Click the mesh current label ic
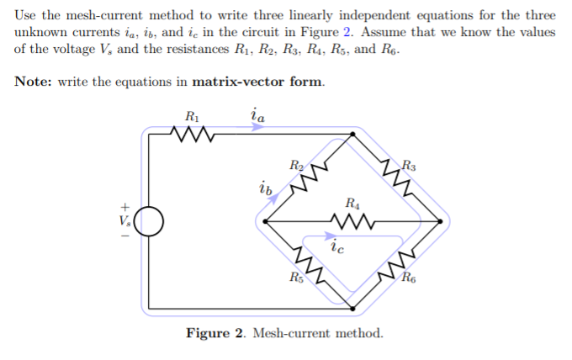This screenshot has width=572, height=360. click(x=336, y=247)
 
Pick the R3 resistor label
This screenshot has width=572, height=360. click(x=408, y=165)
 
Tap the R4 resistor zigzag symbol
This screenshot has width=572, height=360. click(x=352, y=222)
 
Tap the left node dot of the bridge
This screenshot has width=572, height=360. click(x=266, y=222)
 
